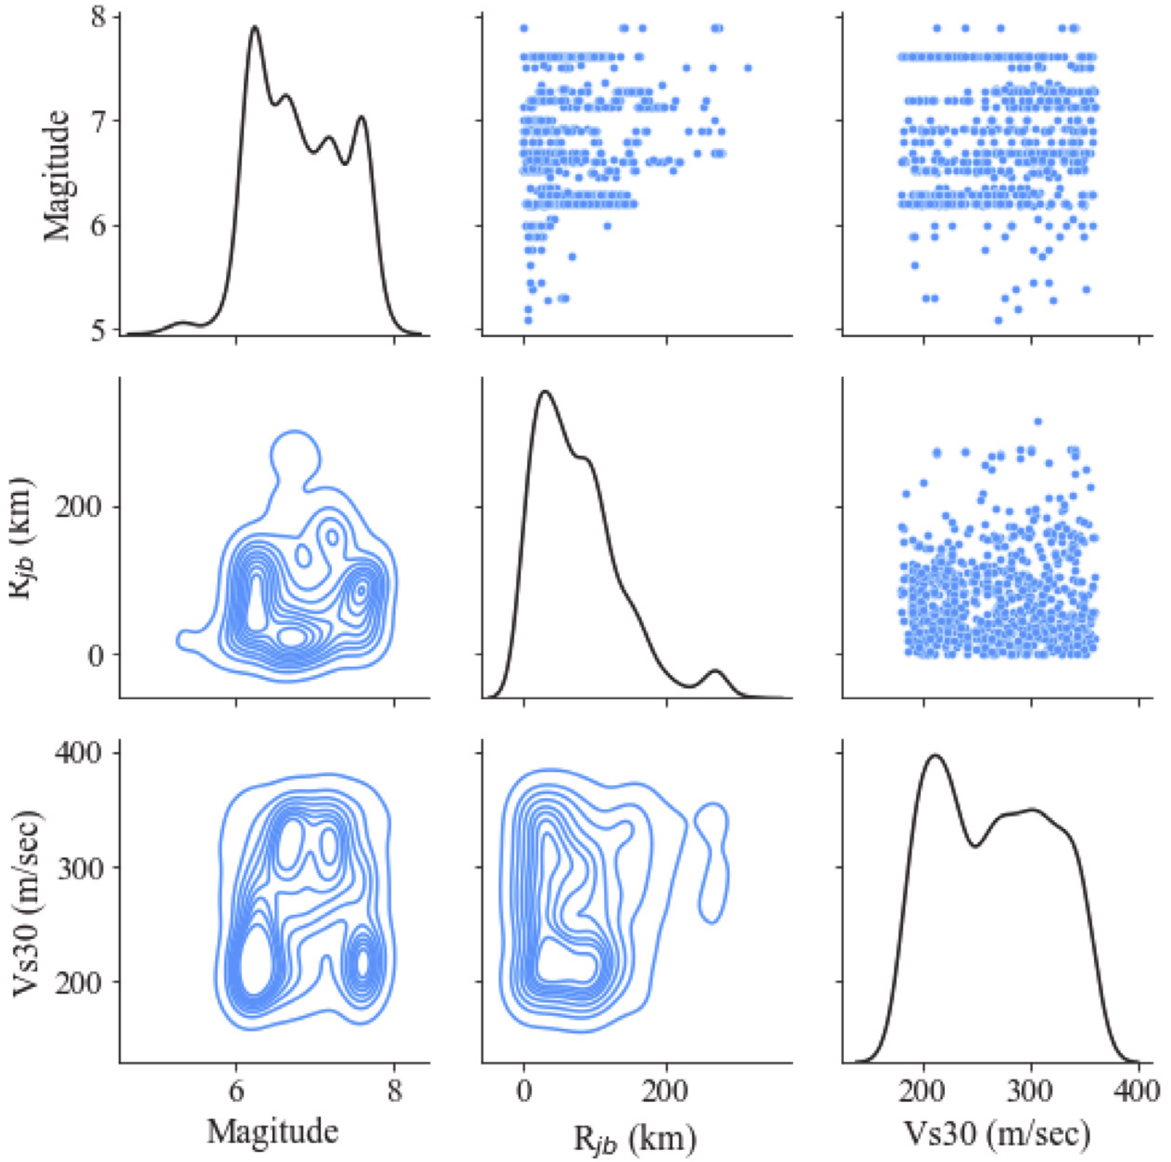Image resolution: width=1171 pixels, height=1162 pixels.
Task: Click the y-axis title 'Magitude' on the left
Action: click(x=57, y=176)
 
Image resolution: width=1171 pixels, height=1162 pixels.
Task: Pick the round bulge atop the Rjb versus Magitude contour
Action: click(x=295, y=455)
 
